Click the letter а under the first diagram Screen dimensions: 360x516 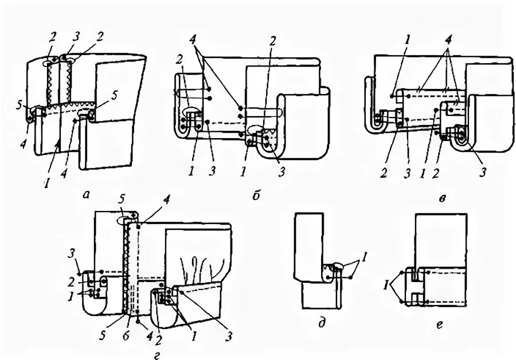click(87, 195)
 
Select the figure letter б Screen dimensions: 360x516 click(256, 195)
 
